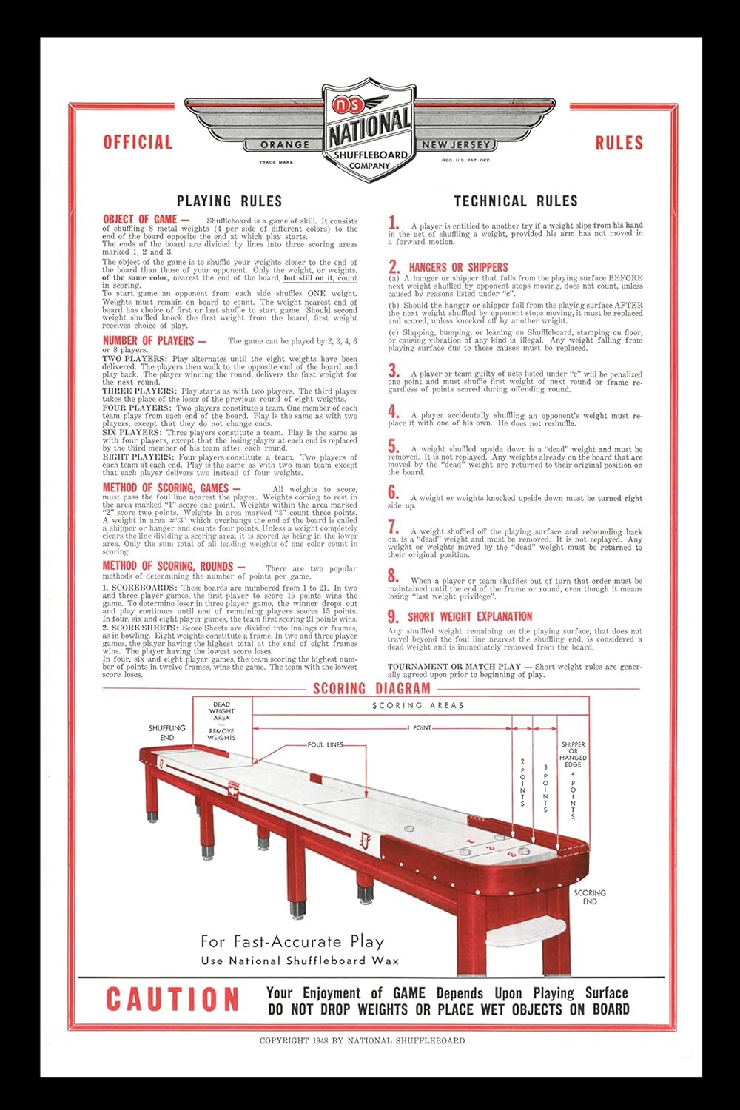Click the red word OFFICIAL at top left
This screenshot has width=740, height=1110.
pyautogui.click(x=138, y=142)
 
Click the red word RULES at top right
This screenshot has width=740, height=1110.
pyautogui.click(x=619, y=143)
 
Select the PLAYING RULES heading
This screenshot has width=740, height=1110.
pyautogui.click(x=229, y=201)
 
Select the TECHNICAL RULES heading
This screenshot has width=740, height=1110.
pyautogui.click(x=516, y=201)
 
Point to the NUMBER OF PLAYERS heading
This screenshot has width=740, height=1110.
pyautogui.click(x=153, y=341)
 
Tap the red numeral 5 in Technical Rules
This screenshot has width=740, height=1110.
pyautogui.click(x=394, y=446)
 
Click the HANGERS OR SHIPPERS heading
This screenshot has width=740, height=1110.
pyautogui.click(x=458, y=267)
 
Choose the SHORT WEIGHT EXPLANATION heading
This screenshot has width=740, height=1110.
pyautogui.click(x=470, y=616)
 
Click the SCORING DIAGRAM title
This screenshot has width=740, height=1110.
pyautogui.click(x=371, y=689)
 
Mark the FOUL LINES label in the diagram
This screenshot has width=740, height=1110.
pyautogui.click(x=326, y=744)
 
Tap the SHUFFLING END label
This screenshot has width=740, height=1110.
pyautogui.click(x=167, y=733)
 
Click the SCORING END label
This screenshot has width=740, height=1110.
pyautogui.click(x=590, y=897)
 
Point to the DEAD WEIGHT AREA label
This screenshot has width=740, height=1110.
pyautogui.click(x=221, y=711)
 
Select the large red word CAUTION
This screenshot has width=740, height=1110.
pyautogui.click(x=172, y=1000)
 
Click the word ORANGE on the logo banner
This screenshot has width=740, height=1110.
pyautogui.click(x=285, y=145)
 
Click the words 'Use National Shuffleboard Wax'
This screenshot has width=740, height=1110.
pyautogui.click(x=300, y=961)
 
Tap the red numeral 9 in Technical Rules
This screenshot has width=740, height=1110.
pyautogui.click(x=393, y=616)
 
